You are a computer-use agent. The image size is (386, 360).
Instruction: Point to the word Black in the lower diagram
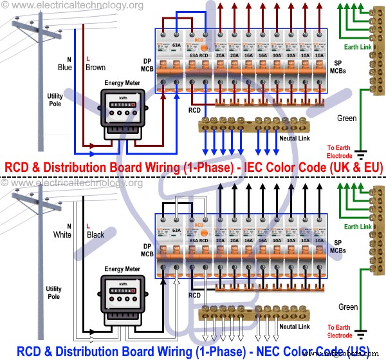pyautogui.click(x=95, y=235)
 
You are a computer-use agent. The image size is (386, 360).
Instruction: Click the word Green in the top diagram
pyautogui.click(x=347, y=118)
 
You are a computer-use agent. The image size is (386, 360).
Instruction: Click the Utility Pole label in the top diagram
pyautogui.click(x=55, y=100)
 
